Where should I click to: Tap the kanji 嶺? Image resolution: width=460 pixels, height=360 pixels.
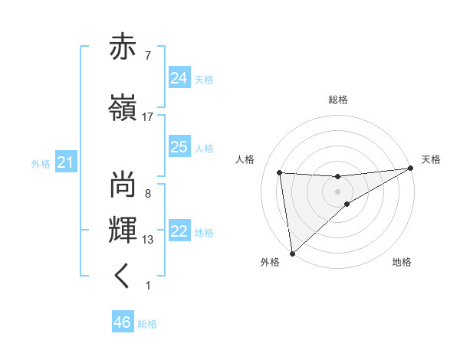coord(124,107)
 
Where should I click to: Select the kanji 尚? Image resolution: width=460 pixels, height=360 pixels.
coord(124,185)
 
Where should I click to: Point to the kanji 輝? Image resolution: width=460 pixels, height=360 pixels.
coord(124,231)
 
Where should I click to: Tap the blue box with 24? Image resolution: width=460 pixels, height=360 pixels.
coord(179,78)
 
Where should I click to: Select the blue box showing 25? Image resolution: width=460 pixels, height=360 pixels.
coord(179,147)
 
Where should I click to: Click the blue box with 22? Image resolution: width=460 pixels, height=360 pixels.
coord(179,231)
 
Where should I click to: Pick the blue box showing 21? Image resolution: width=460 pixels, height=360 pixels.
coord(64,162)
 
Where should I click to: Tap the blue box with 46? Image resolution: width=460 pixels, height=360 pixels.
coord(123,322)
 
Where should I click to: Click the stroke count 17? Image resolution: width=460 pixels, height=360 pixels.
coord(148,116)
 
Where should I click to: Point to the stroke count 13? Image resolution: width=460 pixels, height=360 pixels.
coord(148,240)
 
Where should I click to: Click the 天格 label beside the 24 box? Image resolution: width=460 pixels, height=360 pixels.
coord(203,80)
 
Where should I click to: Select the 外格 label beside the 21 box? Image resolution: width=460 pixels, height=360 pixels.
coord(41,163)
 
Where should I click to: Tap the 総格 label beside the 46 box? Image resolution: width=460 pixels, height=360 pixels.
coord(147,323)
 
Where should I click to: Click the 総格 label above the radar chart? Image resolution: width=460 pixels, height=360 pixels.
coord(338,100)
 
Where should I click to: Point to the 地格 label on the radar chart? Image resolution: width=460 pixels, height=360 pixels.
coord(402,263)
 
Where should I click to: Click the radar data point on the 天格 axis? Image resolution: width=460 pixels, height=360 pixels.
coord(411,169)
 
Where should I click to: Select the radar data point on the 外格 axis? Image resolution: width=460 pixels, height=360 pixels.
coord(291,253)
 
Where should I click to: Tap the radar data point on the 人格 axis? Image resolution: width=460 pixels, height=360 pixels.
coord(280,172)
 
